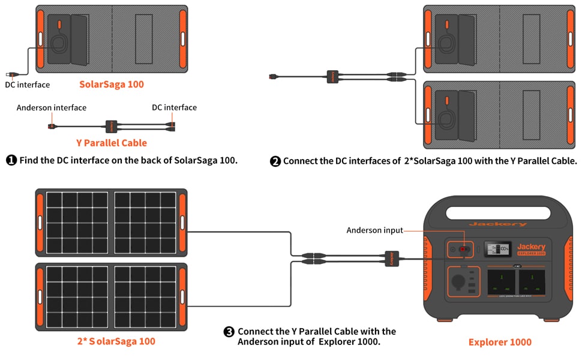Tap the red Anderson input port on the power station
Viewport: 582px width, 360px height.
pos(463,249)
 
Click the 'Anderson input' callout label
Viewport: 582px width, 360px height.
pos(374,230)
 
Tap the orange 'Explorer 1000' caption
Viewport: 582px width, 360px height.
pos(499,342)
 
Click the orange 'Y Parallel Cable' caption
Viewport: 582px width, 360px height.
pos(111,143)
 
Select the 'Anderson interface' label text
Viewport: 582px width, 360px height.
pos(52,107)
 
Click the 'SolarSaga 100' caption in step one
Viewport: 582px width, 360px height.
pos(112,84)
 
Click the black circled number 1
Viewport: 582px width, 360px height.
pos(11,161)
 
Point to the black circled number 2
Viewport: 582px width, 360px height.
pos(275,161)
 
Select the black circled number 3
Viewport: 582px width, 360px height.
pos(229,332)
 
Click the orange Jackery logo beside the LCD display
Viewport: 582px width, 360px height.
pos(531,247)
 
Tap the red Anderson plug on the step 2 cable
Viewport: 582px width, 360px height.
pos(274,76)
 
